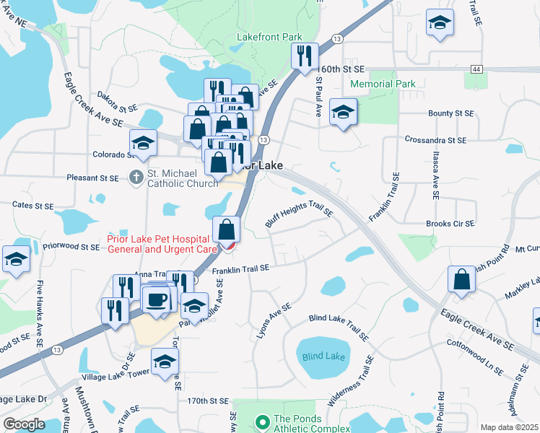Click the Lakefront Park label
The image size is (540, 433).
[x=269, y=37]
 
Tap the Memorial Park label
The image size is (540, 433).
[x=383, y=84]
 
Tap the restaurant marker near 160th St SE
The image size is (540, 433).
[x=304, y=55]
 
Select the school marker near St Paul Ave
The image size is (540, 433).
[x=343, y=112]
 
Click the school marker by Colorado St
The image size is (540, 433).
[x=144, y=142]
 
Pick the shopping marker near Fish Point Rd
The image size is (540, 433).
[x=461, y=279]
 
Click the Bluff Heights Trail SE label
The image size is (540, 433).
[x=298, y=214]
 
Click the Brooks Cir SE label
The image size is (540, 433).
[x=450, y=224]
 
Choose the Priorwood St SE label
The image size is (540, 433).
[x=70, y=247]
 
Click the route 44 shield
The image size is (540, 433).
[x=476, y=69]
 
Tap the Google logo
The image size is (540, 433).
[x=24, y=424]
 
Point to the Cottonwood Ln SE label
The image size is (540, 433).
[x=474, y=355]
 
